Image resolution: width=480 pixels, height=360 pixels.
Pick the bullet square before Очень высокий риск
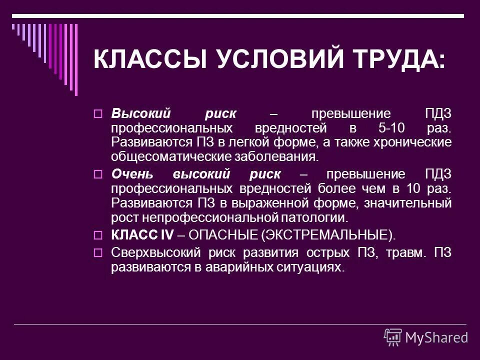tap(98, 175)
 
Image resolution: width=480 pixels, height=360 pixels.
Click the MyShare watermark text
tap(436, 337)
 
